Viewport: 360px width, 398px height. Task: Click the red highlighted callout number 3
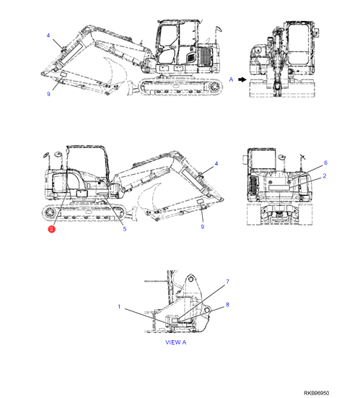point(51,229)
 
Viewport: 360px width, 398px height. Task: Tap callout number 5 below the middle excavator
point(125,229)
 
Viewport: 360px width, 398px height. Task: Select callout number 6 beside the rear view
point(326,163)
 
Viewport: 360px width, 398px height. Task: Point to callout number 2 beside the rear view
point(325,176)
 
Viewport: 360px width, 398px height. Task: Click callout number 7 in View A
point(227,282)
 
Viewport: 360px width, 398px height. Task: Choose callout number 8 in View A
point(227,305)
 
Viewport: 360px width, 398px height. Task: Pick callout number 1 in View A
point(119,306)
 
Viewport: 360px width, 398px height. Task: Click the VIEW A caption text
point(176,342)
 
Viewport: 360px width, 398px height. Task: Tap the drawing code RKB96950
point(317,393)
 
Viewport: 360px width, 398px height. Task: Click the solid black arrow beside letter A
point(242,79)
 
